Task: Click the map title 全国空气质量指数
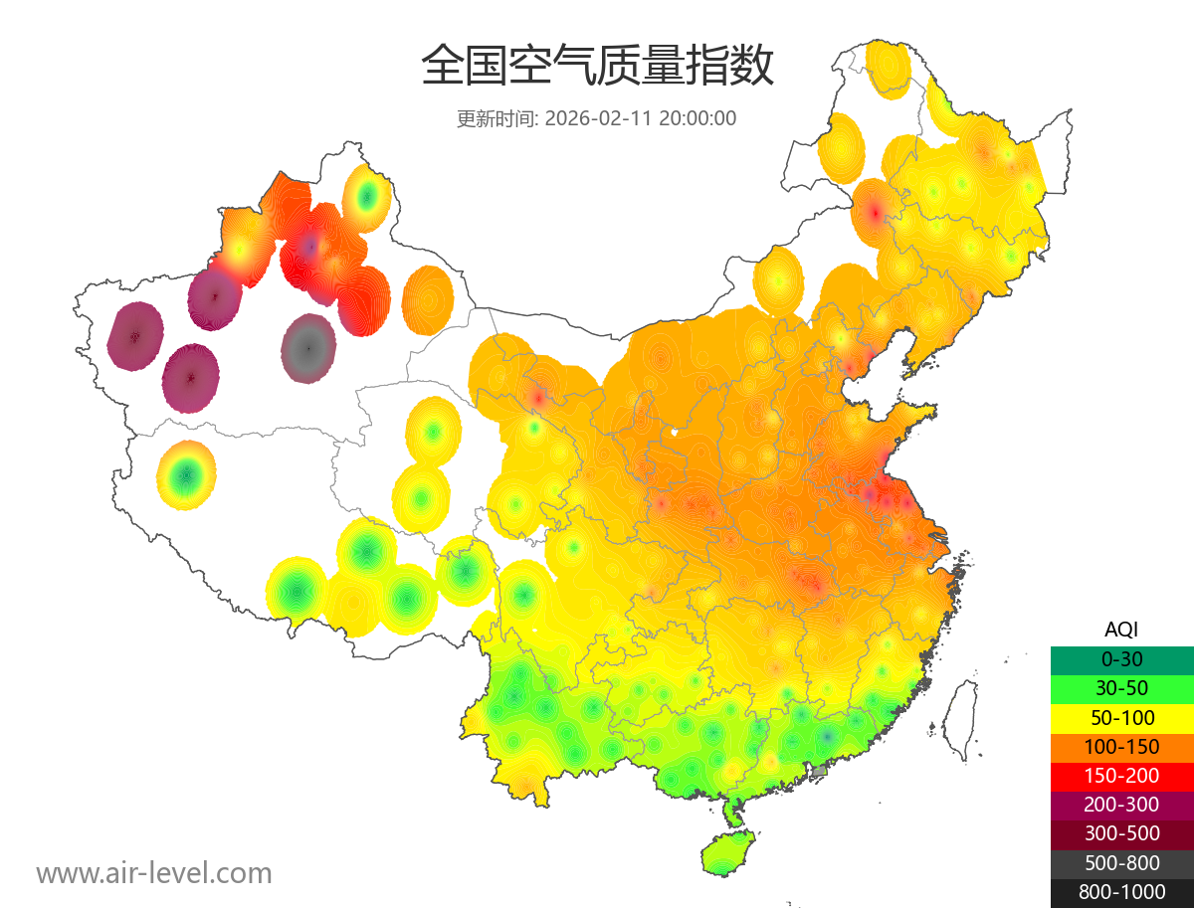click(x=597, y=67)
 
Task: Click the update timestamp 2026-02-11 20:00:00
click(x=641, y=118)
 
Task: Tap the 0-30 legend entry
click(x=1121, y=659)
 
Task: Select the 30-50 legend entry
click(x=1121, y=688)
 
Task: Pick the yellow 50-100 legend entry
click(x=1121, y=717)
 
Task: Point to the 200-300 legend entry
click(x=1121, y=805)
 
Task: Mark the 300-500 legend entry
click(x=1121, y=833)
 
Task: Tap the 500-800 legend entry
click(x=1121, y=863)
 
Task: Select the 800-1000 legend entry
click(x=1121, y=892)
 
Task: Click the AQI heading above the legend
click(x=1121, y=630)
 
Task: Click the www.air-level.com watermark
click(x=154, y=874)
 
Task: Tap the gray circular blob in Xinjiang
click(x=308, y=348)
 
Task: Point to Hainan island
click(x=728, y=853)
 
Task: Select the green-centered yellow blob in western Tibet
click(x=186, y=476)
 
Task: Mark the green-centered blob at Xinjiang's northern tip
click(x=366, y=197)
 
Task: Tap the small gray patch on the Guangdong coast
click(x=820, y=770)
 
